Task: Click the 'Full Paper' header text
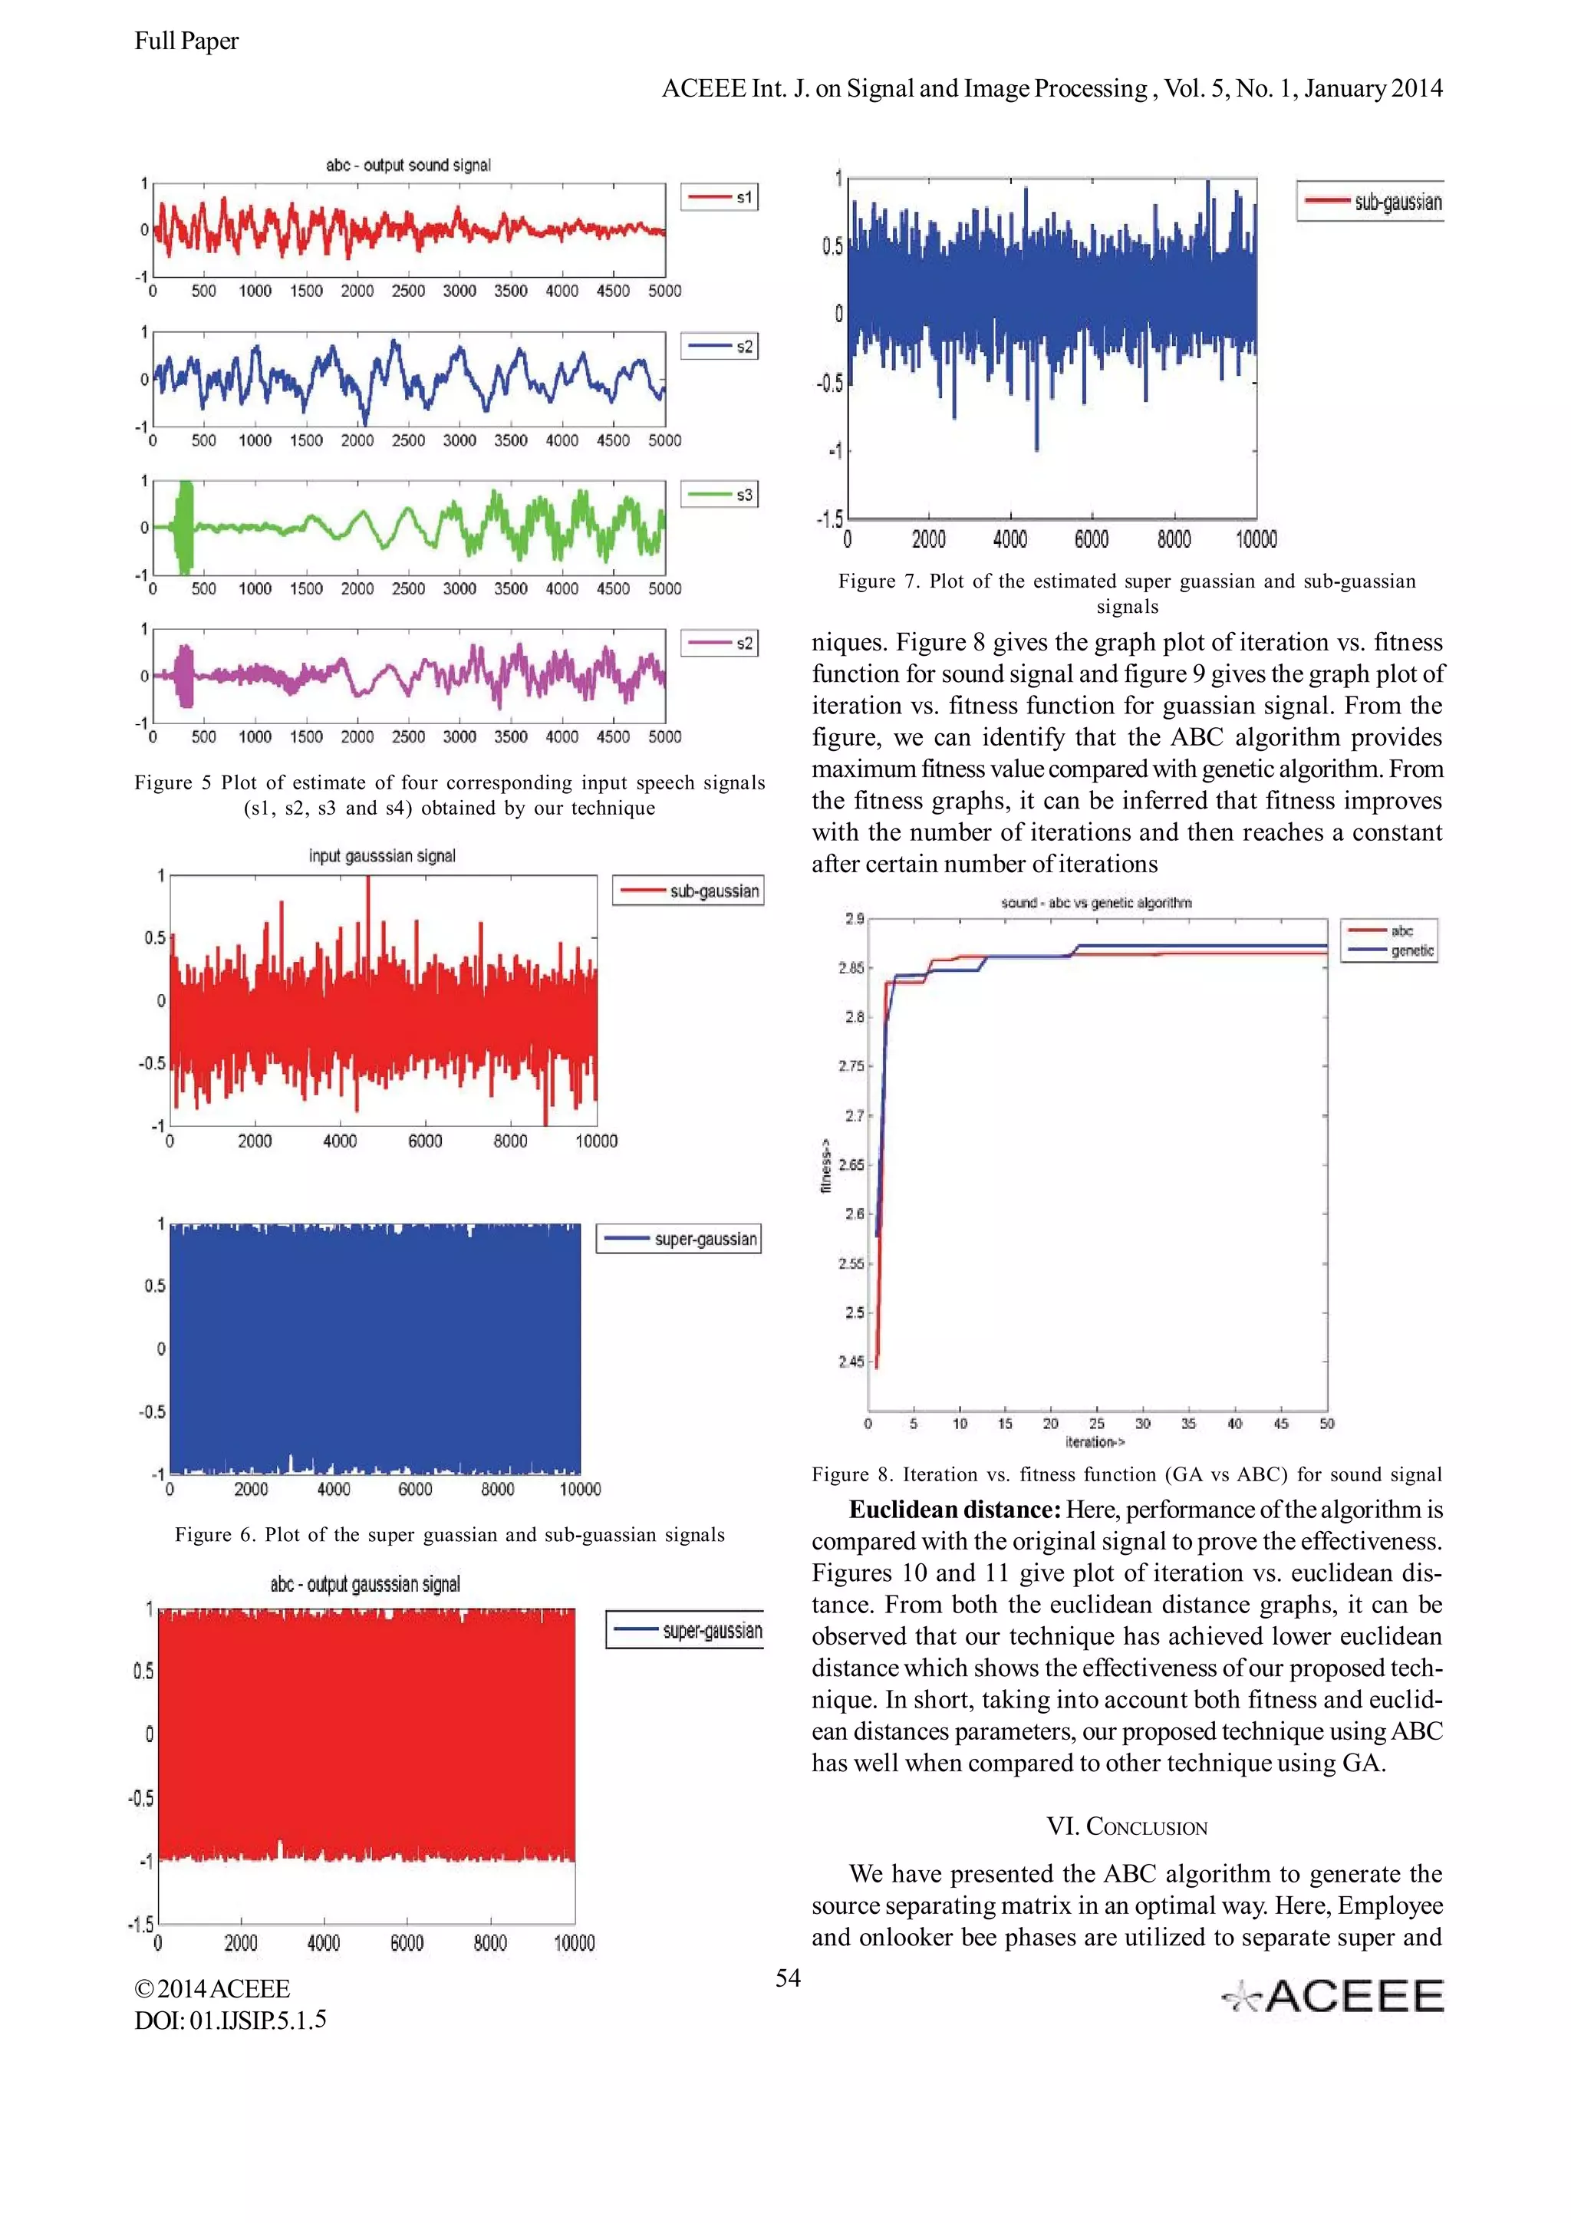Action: [x=186, y=41]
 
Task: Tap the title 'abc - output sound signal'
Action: [x=407, y=165]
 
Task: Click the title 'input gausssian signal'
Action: [x=381, y=856]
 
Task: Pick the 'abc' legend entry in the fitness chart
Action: [x=1389, y=930]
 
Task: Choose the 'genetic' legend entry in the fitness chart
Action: [x=1389, y=950]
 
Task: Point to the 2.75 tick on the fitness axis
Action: [x=851, y=1066]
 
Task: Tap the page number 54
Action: [x=788, y=1978]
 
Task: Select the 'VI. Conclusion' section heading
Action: [x=1127, y=1827]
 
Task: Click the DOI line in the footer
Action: [x=230, y=2020]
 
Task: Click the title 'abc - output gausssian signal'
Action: [x=365, y=1584]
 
